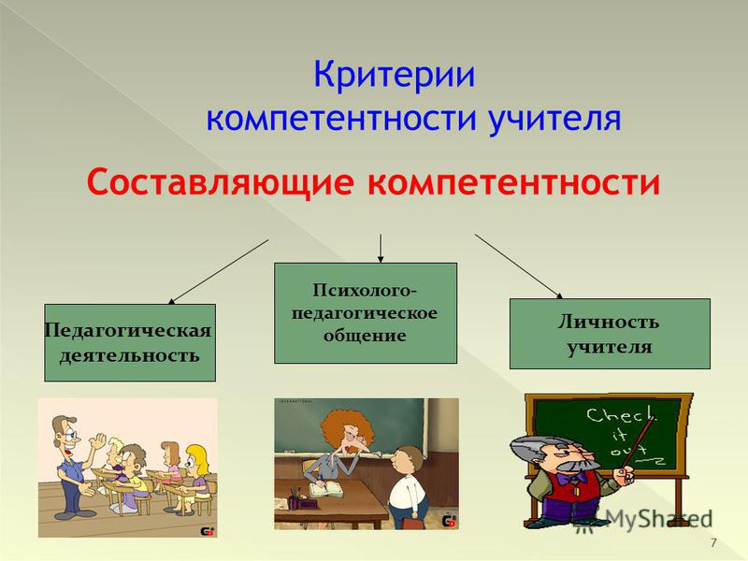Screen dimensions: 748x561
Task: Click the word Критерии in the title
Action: [395, 75]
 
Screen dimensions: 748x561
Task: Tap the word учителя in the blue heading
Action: [554, 119]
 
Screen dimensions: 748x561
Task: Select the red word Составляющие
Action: [221, 182]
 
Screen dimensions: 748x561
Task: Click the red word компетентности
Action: [513, 182]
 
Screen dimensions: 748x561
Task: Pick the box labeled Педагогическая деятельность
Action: [130, 342]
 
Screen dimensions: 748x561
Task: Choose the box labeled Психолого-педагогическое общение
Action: [366, 313]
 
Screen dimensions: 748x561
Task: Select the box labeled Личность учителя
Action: [610, 334]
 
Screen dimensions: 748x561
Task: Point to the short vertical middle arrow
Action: [381, 248]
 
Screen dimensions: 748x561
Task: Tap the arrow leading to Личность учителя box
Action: [519, 266]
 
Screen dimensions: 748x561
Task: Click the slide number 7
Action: [713, 542]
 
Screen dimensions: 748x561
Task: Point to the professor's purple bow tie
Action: [572, 478]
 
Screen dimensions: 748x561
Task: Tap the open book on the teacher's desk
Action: [325, 488]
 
